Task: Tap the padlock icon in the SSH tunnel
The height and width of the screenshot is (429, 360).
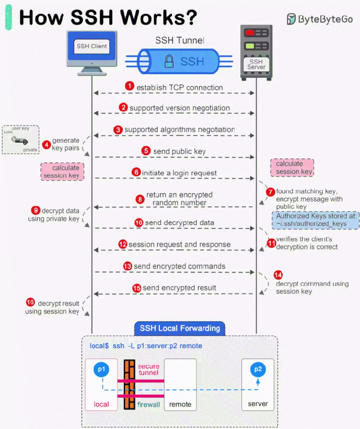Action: [170, 61]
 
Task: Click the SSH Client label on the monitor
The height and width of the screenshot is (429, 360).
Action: [92, 46]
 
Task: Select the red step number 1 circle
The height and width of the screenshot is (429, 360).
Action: [130, 87]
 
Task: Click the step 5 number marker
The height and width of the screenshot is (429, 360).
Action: [146, 151]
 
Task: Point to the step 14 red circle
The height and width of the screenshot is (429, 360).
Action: [278, 274]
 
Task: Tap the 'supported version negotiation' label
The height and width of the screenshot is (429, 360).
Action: [179, 108]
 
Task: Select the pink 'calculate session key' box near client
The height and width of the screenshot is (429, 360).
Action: [63, 171]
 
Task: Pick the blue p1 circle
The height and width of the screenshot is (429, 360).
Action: [101, 369]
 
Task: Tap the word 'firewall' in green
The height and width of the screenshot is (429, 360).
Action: [148, 404]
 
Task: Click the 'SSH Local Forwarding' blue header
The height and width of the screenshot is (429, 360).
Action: [180, 328]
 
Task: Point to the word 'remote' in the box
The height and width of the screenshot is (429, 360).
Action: [180, 404]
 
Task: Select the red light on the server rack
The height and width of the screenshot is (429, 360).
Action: [251, 33]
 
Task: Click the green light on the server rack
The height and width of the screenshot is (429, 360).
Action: [251, 46]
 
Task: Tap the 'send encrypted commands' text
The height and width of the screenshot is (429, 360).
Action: [179, 266]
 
